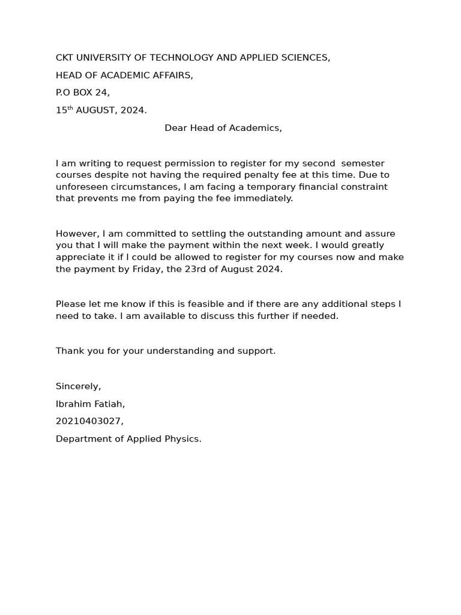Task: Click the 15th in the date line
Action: tap(64, 110)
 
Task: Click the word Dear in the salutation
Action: tap(176, 128)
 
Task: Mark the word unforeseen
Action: tap(82, 187)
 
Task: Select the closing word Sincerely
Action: tap(78, 386)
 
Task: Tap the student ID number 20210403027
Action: tap(89, 422)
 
